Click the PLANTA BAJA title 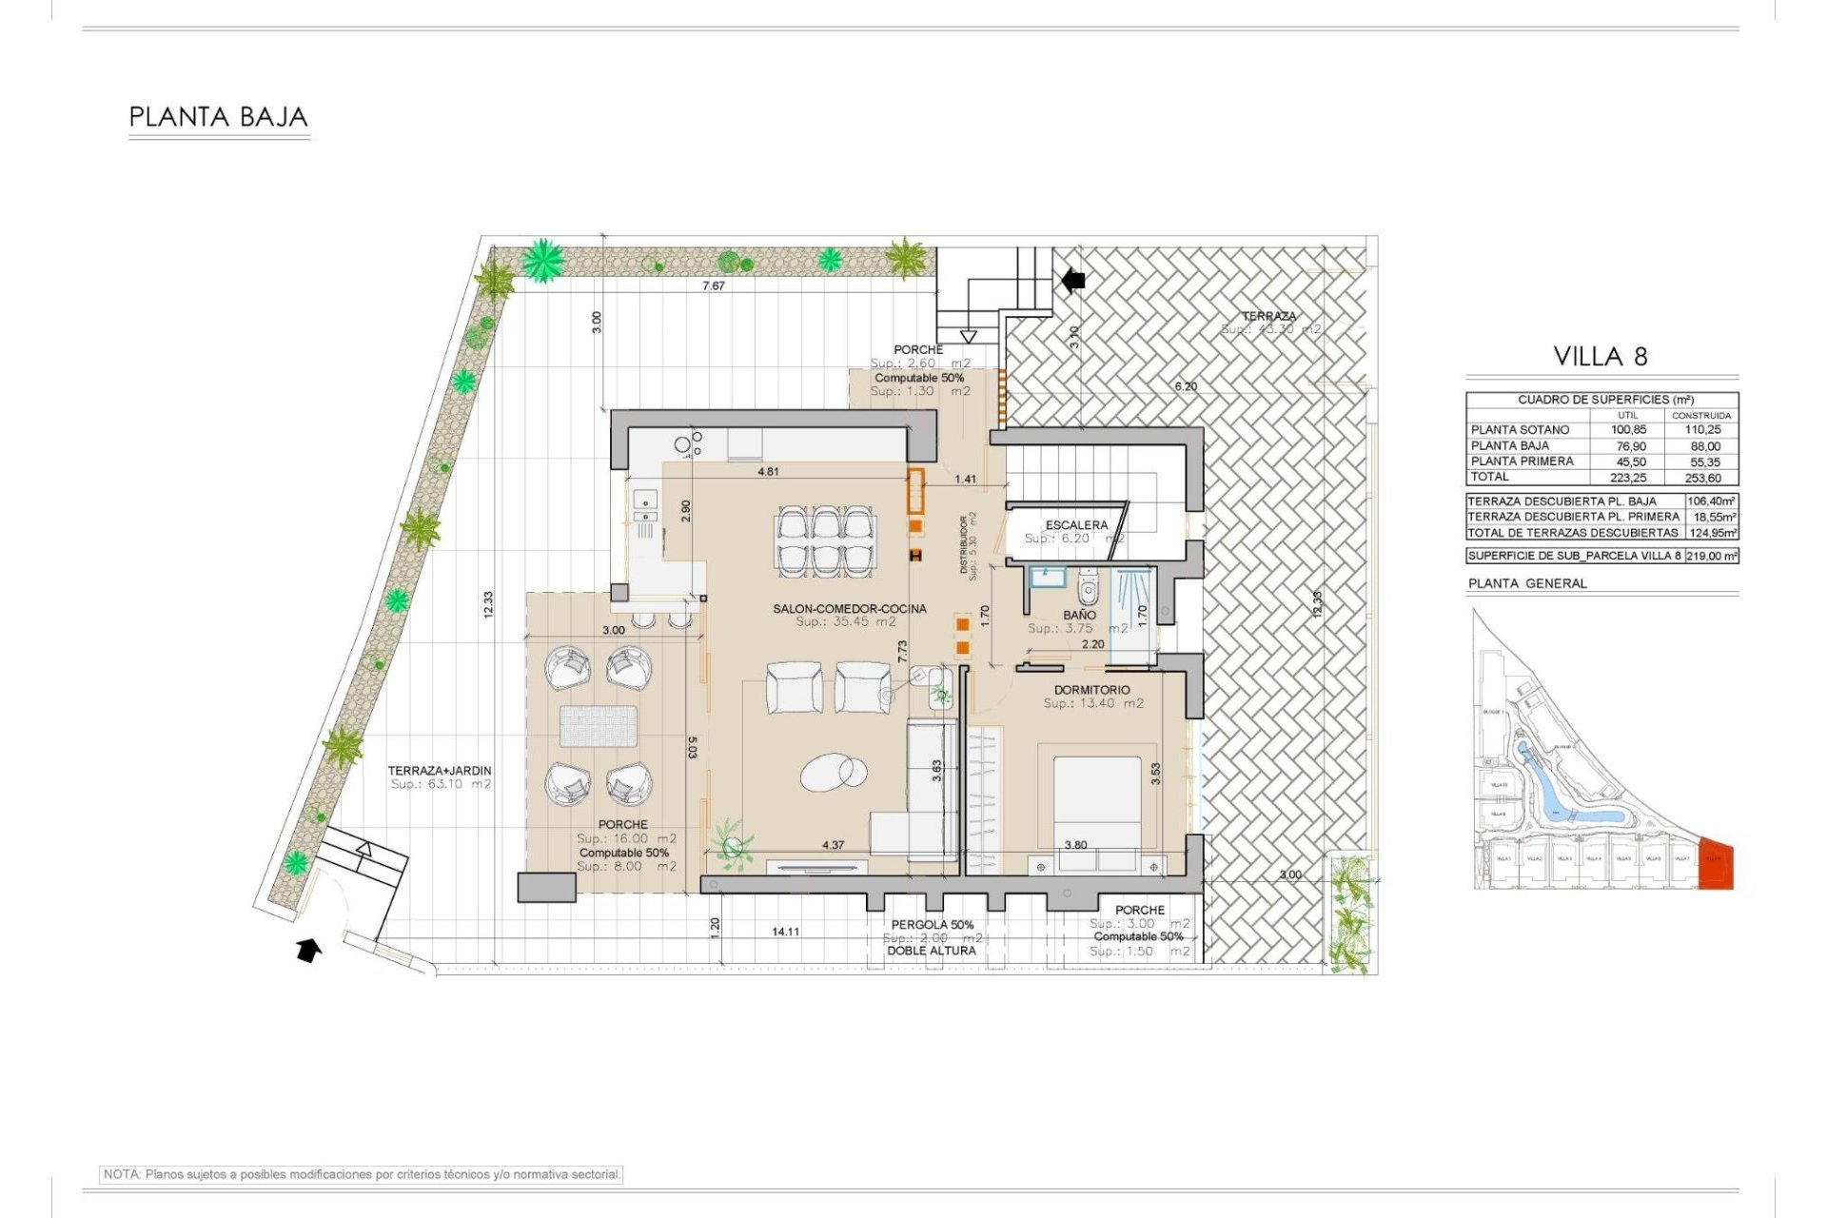(218, 117)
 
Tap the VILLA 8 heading (1600, 357)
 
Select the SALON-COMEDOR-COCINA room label (849, 609)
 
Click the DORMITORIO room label (1091, 690)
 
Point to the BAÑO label (1079, 615)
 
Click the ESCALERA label (1075, 525)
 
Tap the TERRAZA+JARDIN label (439, 771)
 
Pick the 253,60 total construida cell (1701, 478)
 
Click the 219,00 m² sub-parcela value (1711, 556)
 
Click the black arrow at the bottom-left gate (308, 950)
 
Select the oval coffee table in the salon (833, 772)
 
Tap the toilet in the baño (1088, 590)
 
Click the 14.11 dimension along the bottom (785, 932)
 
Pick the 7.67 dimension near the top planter (713, 285)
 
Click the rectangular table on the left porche (598, 726)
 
